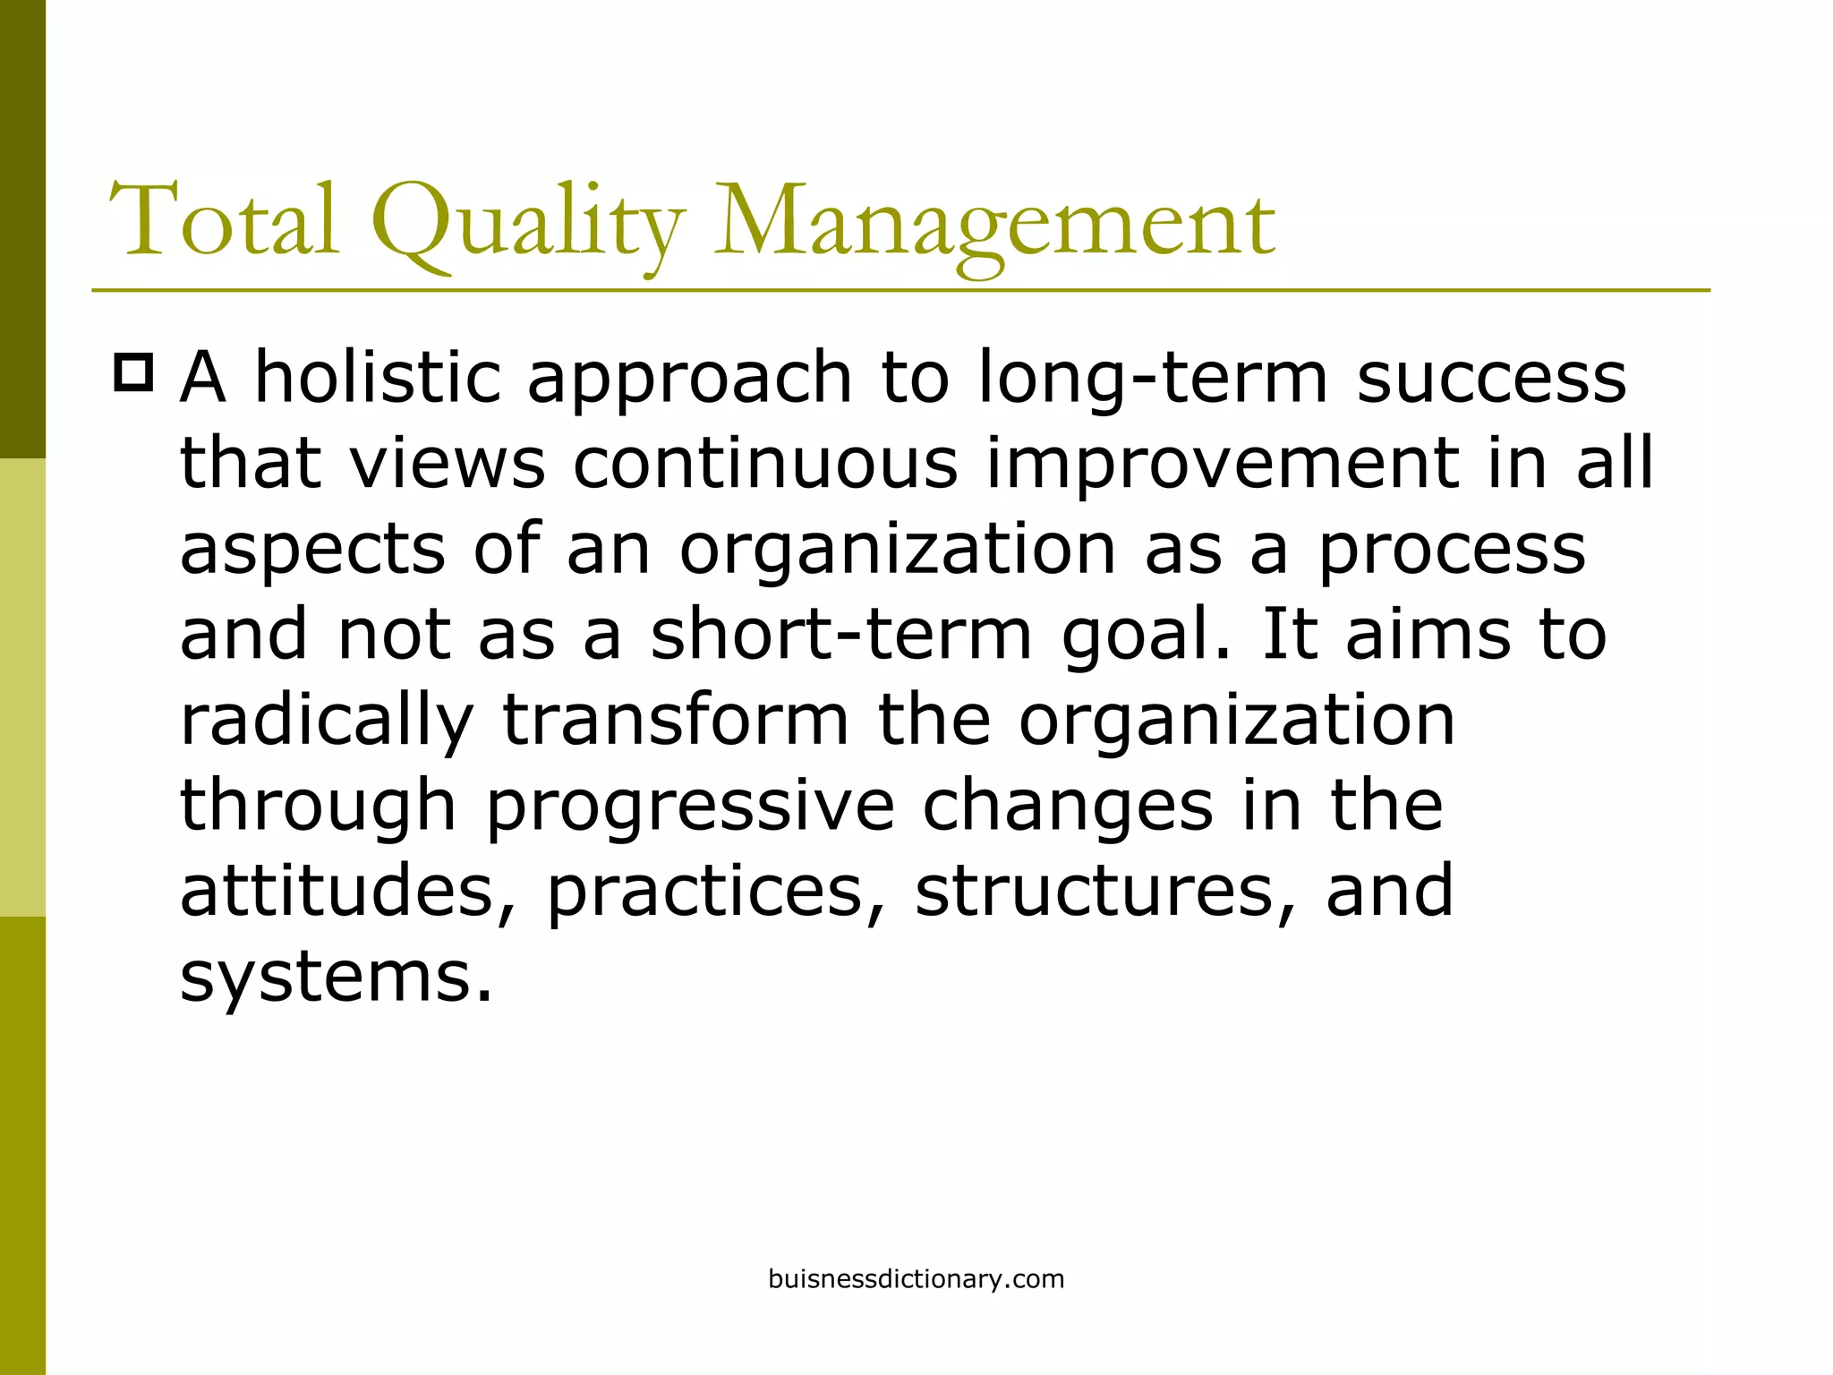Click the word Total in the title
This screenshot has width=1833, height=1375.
coord(224,220)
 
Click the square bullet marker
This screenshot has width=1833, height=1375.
coord(134,372)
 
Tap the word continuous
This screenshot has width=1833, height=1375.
coord(765,464)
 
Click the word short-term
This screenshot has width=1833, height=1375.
coord(841,634)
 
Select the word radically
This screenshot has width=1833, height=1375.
coord(327,722)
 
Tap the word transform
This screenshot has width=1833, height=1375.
coord(676,720)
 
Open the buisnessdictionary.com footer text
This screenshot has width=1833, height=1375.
coord(916,1279)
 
